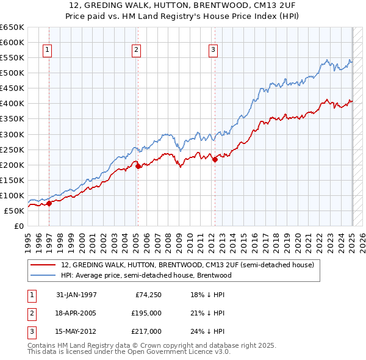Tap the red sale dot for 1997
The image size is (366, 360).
[49, 203]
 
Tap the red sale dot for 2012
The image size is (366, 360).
[215, 159]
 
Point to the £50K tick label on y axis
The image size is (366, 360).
[14, 211]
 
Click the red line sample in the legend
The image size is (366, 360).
[44, 265]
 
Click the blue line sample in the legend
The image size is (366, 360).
[44, 275]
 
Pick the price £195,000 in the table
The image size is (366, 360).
[146, 313]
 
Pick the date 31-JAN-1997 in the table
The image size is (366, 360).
[76, 295]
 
